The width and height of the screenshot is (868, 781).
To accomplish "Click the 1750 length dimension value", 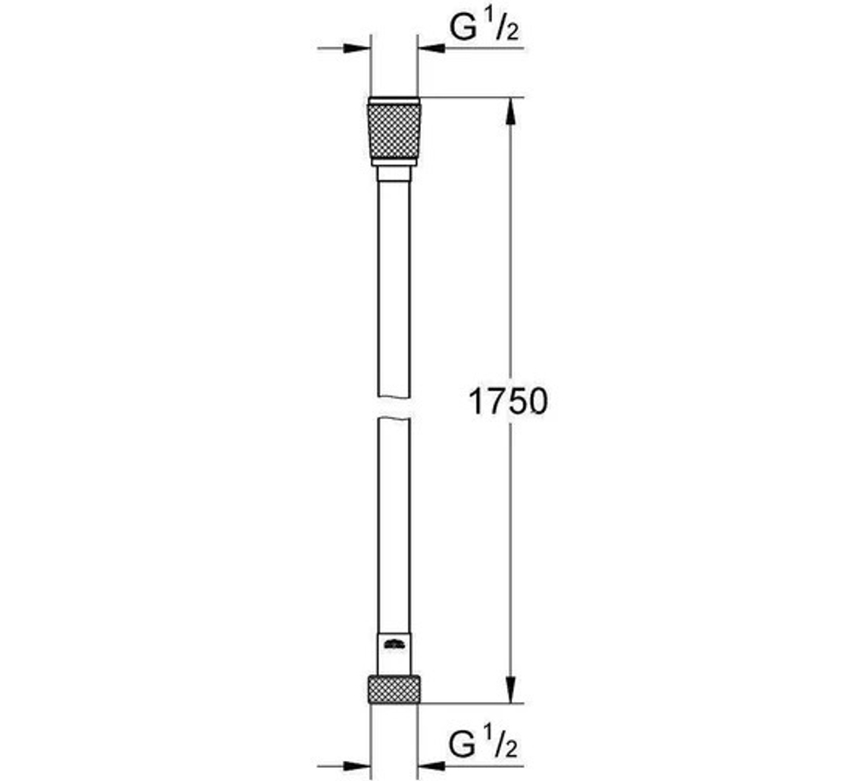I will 509,401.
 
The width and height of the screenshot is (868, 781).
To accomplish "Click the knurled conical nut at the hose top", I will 395,132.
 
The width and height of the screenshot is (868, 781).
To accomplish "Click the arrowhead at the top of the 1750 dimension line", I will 513,109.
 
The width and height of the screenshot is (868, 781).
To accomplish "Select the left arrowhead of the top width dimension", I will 360,49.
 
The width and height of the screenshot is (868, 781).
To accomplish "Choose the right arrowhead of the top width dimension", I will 431,49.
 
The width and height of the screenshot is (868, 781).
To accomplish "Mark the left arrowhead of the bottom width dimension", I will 360,766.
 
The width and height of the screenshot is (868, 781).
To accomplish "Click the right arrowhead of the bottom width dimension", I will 431,766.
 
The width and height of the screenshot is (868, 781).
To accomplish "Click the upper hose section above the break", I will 395,286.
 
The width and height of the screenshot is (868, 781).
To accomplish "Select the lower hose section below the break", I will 395,521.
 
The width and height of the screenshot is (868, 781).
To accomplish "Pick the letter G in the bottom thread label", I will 463,744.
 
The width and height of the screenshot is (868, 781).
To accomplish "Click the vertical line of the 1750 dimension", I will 513,260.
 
